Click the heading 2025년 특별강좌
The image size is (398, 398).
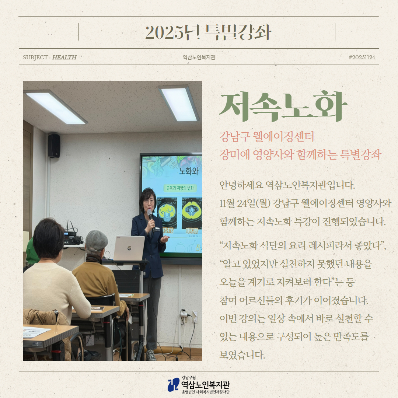pos(208,32)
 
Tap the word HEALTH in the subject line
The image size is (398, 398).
pos(64,57)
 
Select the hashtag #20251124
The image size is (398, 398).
pos(362,57)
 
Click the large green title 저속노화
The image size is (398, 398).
pos(283,107)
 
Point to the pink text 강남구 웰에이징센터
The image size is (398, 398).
pos(266,137)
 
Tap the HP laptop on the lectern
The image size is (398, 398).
pos(129,248)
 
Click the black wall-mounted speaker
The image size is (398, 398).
pos(54,146)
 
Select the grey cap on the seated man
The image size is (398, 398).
pos(97,241)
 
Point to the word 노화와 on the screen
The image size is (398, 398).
pos(189,171)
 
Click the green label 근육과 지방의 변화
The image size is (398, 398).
pos(180,188)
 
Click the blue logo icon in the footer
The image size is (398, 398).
pos(174,384)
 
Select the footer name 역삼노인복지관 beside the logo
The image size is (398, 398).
pos(206,385)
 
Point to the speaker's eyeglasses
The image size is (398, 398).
pos(149,202)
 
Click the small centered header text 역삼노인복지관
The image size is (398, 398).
pos(199,57)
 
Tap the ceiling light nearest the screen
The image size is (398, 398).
pos(179,104)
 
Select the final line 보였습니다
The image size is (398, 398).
pos(242,355)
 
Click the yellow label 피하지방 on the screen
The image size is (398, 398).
pos(192,231)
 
